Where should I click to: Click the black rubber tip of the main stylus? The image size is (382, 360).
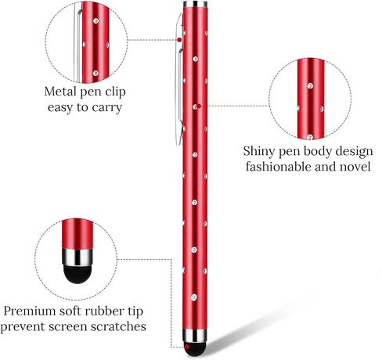click(x=195, y=349)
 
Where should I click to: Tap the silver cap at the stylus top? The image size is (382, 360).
click(x=195, y=4)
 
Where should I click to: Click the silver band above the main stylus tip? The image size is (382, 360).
click(x=195, y=336)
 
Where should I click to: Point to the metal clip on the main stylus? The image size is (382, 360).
click(x=179, y=78)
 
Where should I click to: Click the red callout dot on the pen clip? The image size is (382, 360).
click(x=179, y=40)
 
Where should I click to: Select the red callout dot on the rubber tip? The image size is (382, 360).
click(x=187, y=347)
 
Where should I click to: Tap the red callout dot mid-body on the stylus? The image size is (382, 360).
click(x=199, y=106)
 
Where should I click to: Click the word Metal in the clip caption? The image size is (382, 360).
click(x=60, y=92)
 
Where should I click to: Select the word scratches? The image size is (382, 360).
click(x=118, y=326)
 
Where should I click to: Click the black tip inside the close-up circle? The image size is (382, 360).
click(x=77, y=274)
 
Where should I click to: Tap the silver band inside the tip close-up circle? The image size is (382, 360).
click(x=77, y=257)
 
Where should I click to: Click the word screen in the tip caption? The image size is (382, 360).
click(x=67, y=327)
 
